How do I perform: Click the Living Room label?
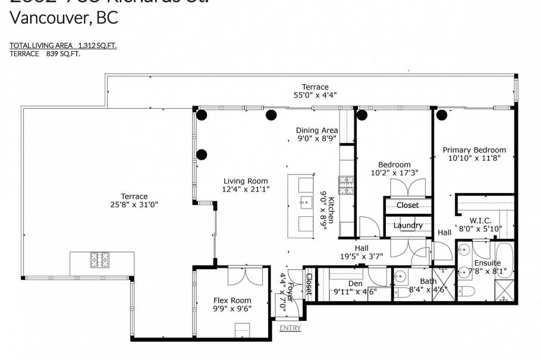point(246,181)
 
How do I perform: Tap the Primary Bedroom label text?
point(474,150)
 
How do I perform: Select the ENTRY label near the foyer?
point(290,328)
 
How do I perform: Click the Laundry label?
point(408,226)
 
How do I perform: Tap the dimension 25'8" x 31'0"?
point(134,204)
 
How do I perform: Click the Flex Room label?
point(232,301)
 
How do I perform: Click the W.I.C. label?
point(480,220)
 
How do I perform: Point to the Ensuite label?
point(487,263)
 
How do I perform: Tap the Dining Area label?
point(317,131)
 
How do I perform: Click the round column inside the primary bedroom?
point(442,115)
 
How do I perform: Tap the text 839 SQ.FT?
point(63,53)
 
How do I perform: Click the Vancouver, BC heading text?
point(64,18)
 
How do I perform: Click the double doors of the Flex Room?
point(244,274)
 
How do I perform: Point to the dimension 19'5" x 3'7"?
point(361,257)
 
